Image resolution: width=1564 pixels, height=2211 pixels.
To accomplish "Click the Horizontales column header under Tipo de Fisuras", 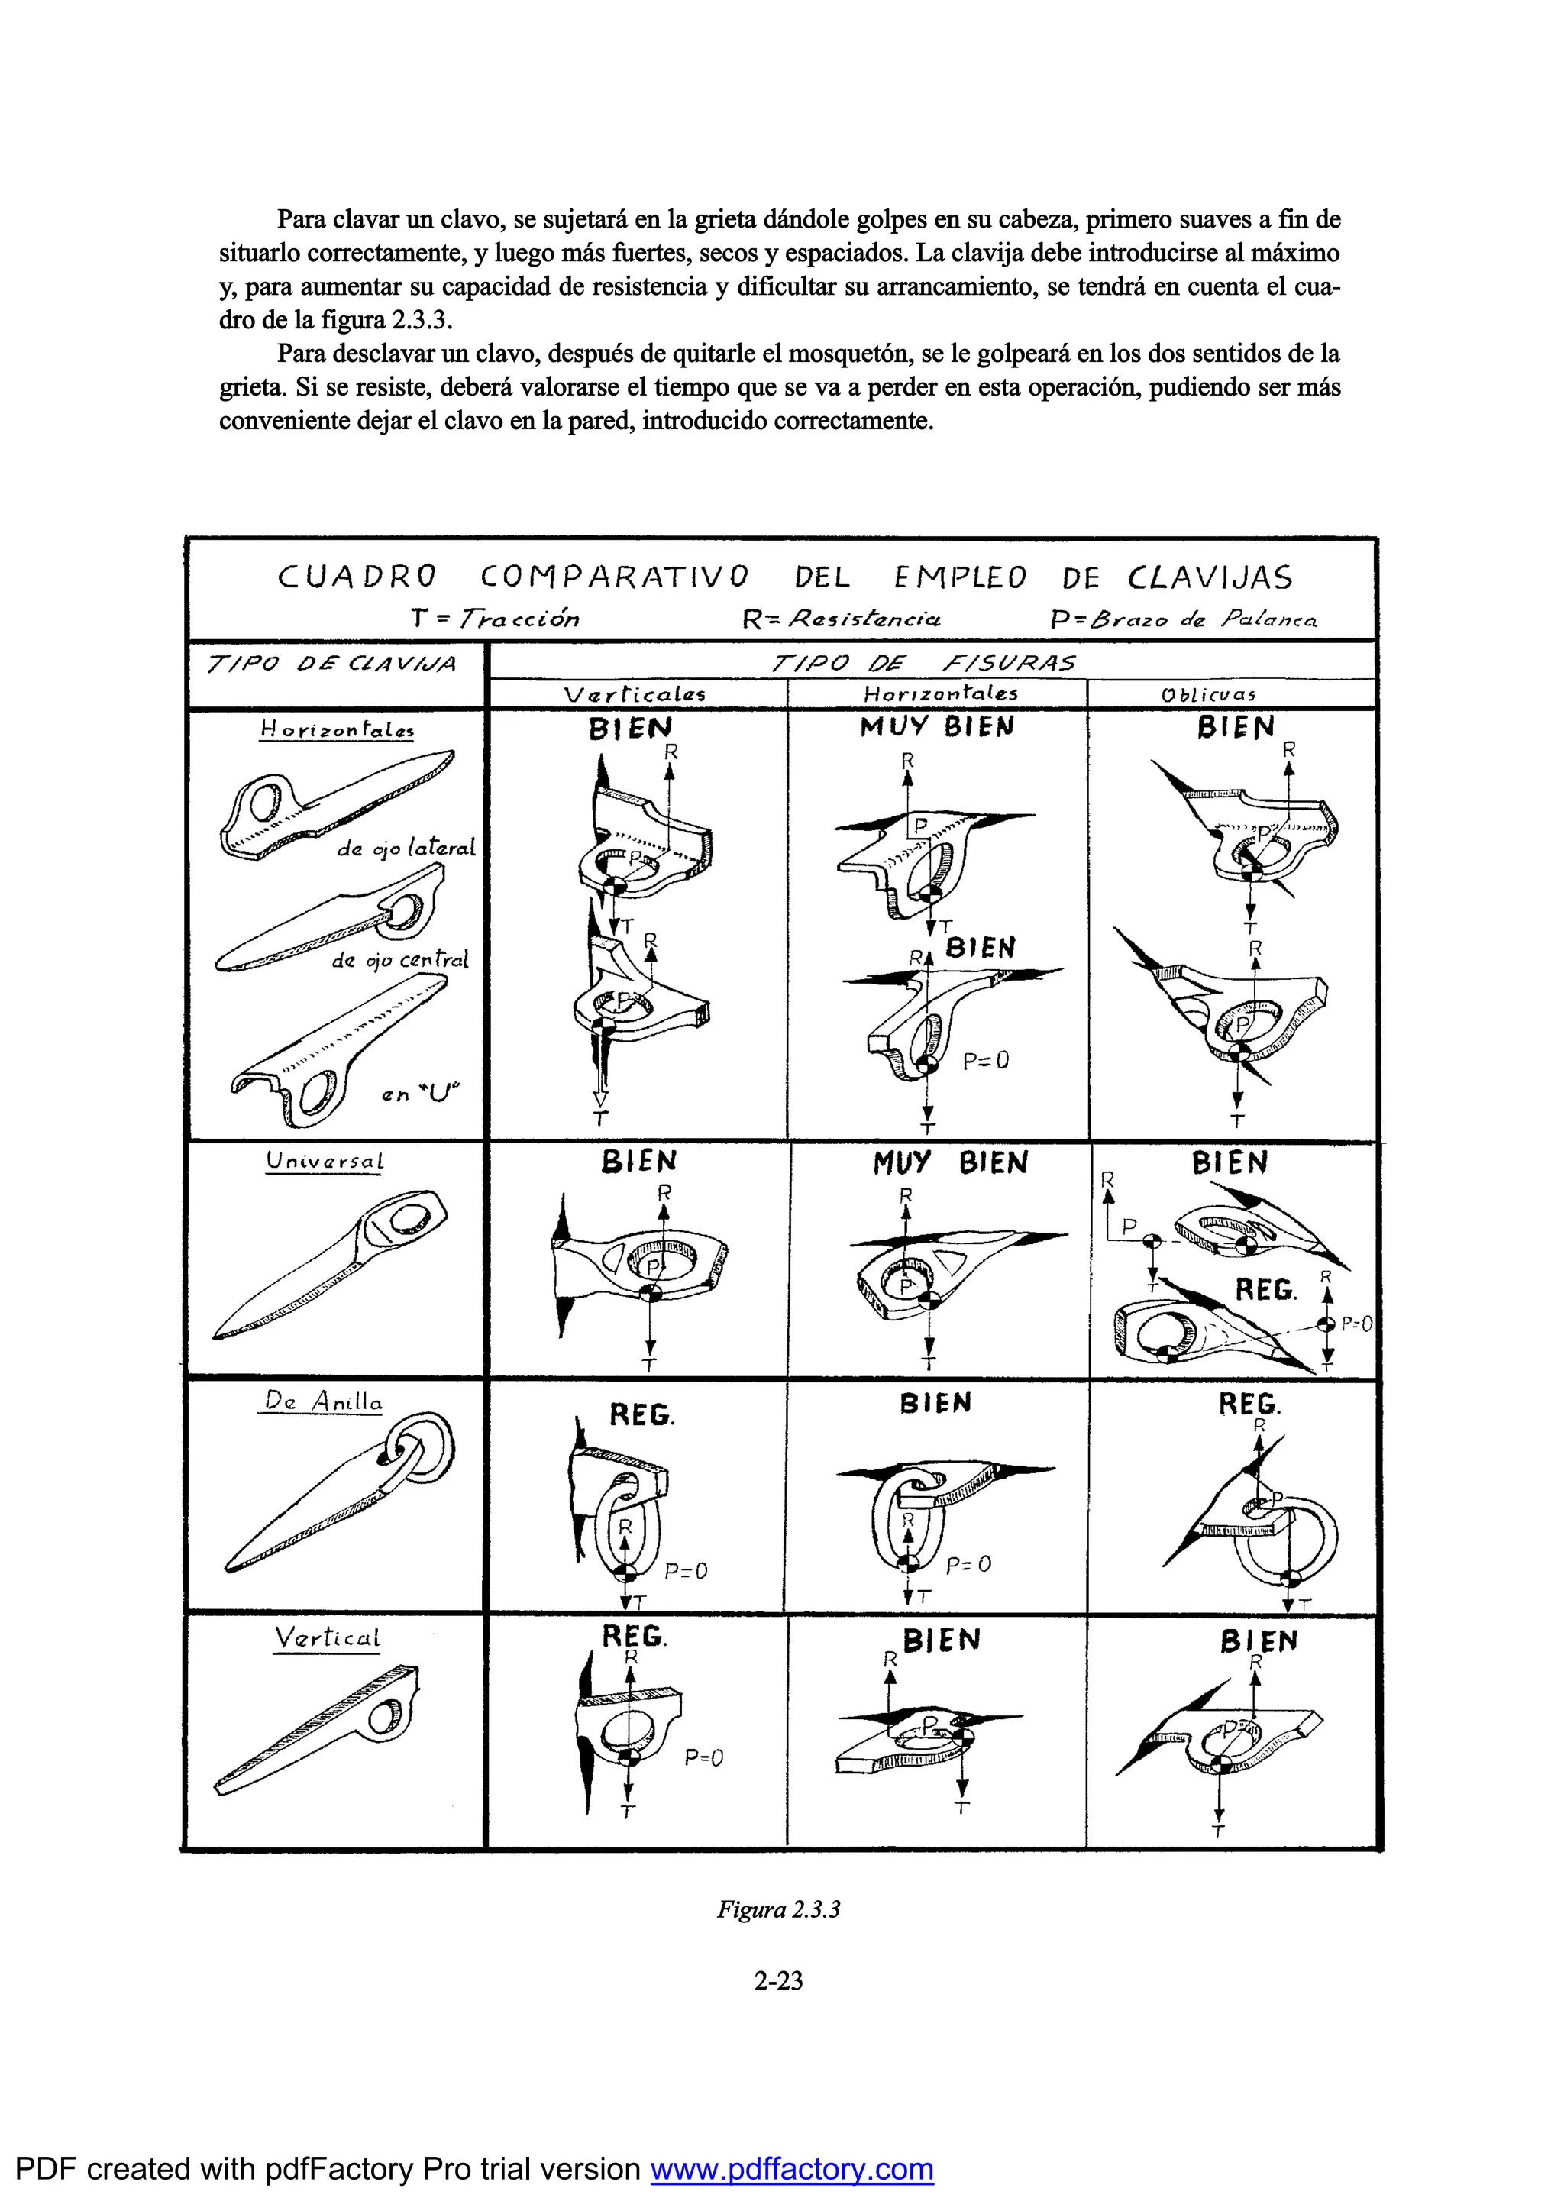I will coord(940,693).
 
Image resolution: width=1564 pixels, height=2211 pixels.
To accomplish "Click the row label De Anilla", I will coord(322,1402).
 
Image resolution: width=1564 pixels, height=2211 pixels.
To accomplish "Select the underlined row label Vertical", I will coord(327,1638).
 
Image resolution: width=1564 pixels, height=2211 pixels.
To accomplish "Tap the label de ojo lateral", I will coord(406,849).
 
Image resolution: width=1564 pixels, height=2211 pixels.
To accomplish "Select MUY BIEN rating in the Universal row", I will coord(949,1163).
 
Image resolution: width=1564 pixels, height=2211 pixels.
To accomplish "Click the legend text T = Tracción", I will coord(495,618).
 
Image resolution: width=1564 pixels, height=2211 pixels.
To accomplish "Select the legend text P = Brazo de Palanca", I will coord(1183,619).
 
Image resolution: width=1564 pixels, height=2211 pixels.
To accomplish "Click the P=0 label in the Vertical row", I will coord(704,1758).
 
